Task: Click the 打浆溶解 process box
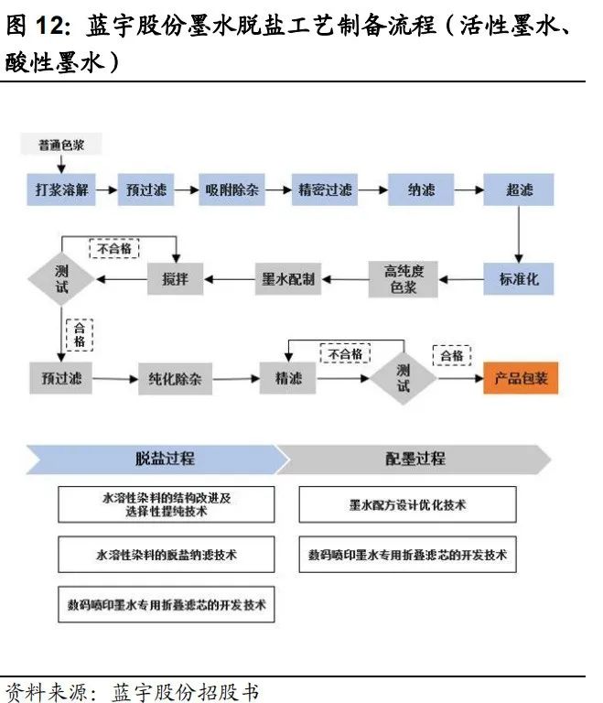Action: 61,190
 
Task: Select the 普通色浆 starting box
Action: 61,145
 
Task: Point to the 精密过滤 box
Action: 325,190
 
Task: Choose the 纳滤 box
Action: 421,190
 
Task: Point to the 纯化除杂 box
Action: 175,377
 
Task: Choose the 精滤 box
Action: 288,377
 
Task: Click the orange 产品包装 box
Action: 521,377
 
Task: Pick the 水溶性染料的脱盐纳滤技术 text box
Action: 166,555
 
